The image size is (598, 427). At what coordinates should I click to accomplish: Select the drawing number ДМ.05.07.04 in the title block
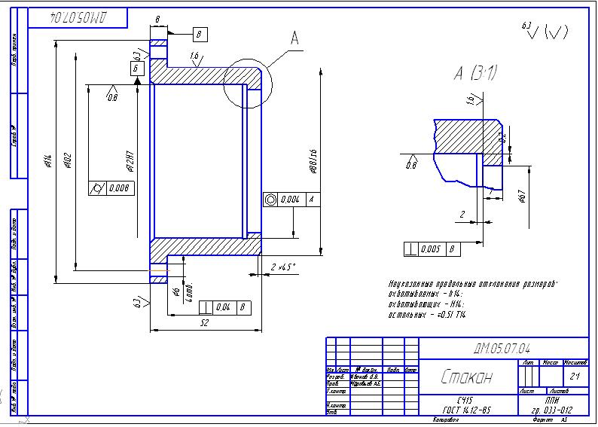pos(502,348)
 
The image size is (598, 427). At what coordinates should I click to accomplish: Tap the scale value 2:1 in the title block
pos(575,375)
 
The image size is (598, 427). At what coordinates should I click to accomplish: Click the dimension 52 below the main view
pos(204,322)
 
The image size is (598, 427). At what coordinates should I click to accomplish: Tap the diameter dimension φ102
pos(68,161)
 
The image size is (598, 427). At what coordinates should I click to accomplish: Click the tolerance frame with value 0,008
pos(112,188)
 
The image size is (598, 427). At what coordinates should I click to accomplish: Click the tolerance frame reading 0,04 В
pos(224,307)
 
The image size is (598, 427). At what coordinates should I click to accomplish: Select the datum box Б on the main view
pos(136,69)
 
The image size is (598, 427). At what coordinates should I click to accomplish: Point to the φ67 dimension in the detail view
pos(520,197)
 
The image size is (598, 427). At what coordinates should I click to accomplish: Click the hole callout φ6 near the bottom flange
pos(176,291)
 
